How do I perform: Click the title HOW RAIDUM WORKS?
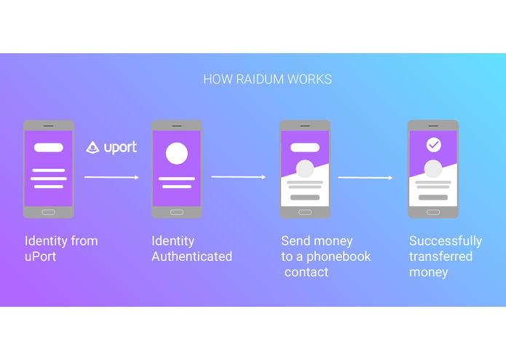click(x=267, y=79)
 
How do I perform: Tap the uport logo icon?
click(x=92, y=147)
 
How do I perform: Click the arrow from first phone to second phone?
click(x=111, y=177)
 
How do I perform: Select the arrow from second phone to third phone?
click(x=238, y=177)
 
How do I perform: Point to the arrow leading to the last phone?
click(x=365, y=177)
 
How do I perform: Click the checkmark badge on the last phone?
click(x=433, y=145)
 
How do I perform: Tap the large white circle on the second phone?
click(x=176, y=154)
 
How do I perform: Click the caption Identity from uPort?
click(x=61, y=249)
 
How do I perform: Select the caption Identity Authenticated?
click(x=191, y=249)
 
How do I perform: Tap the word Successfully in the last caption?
click(x=445, y=240)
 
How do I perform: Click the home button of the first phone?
click(x=48, y=212)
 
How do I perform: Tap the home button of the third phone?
click(x=304, y=212)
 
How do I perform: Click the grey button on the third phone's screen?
click(x=304, y=197)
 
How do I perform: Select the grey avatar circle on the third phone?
click(x=304, y=169)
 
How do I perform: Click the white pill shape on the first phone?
click(x=48, y=147)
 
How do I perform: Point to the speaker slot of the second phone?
click(x=176, y=125)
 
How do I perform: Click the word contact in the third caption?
click(x=307, y=273)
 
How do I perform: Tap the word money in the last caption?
click(x=429, y=273)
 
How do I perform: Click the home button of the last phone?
click(x=433, y=212)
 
